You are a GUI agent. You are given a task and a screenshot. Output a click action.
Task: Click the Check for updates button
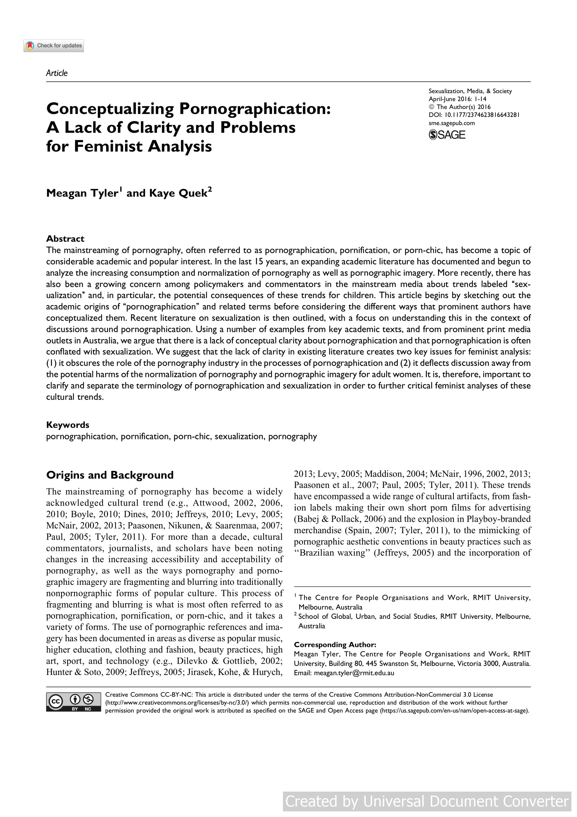(54, 46)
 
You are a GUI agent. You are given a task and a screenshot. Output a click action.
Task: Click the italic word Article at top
(57, 73)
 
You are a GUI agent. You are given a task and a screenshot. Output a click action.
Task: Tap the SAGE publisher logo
(447, 135)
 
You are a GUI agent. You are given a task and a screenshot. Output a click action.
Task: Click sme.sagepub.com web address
(452, 123)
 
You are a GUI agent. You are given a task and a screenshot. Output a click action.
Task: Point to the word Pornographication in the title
(255, 109)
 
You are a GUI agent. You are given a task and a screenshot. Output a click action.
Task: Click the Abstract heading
(65, 238)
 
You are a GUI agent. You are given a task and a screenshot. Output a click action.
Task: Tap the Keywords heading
(67, 425)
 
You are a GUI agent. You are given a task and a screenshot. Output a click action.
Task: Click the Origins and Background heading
(110, 475)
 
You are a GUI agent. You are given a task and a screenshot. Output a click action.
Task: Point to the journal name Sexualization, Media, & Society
(470, 91)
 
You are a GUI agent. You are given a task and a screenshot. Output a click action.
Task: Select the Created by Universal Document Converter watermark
(427, 801)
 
